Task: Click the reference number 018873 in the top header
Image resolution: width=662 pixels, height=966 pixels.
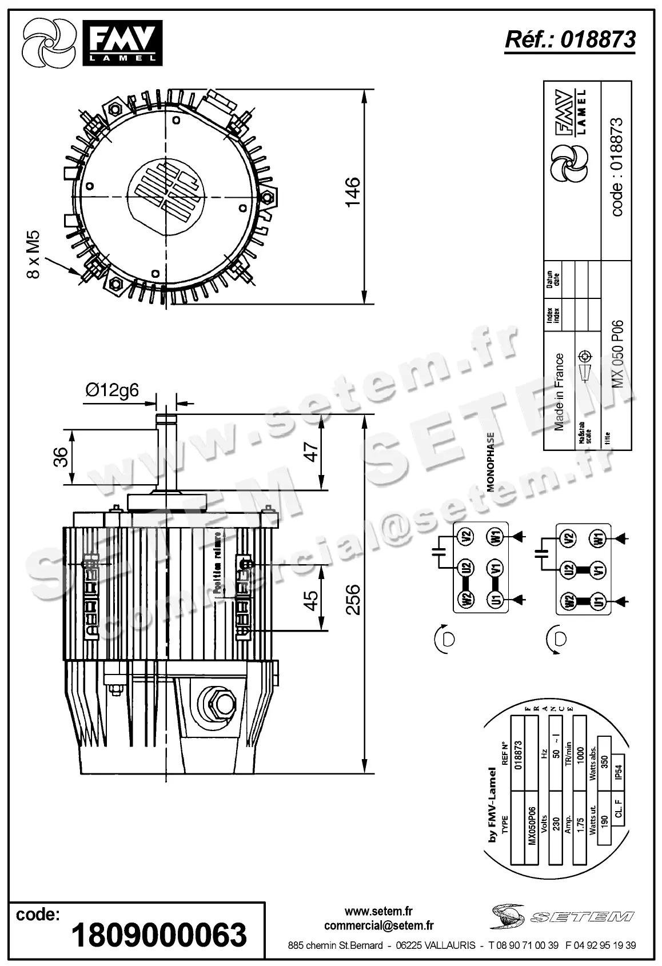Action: [x=598, y=39]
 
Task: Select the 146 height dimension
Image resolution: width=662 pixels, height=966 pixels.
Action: [x=352, y=191]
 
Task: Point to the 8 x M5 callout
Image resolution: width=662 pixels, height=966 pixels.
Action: [x=34, y=254]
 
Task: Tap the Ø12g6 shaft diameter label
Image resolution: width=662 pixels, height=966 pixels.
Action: [x=112, y=390]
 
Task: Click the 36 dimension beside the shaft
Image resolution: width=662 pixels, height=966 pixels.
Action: [x=61, y=457]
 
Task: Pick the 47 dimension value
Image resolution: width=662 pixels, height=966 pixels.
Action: [x=312, y=451]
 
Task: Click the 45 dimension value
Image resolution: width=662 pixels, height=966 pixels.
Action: [x=312, y=600]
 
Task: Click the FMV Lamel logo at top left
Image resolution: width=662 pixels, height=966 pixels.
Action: [x=91, y=42]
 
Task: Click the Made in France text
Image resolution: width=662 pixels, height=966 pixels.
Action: [x=559, y=392]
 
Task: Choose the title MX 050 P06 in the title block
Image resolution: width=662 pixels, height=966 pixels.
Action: [x=617, y=354]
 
